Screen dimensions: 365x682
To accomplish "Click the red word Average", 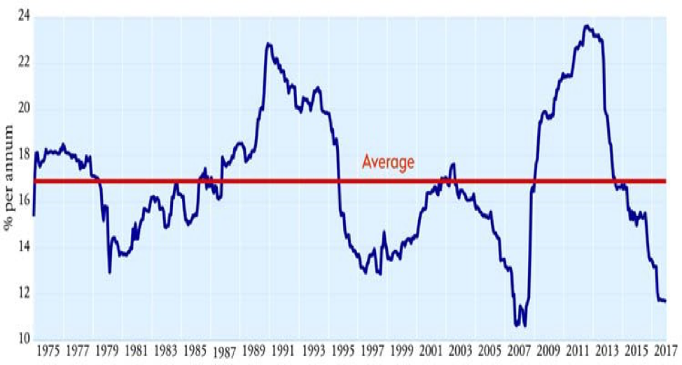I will (388, 163).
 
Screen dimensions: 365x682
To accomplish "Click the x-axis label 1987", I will (224, 352).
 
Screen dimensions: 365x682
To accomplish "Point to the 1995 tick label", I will (342, 350).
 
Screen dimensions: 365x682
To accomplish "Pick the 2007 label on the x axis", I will (519, 350).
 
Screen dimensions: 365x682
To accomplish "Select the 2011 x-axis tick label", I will (578, 350).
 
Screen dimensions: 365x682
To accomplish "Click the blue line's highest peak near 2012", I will (586, 27).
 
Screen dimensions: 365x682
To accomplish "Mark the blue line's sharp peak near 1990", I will (268, 44).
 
